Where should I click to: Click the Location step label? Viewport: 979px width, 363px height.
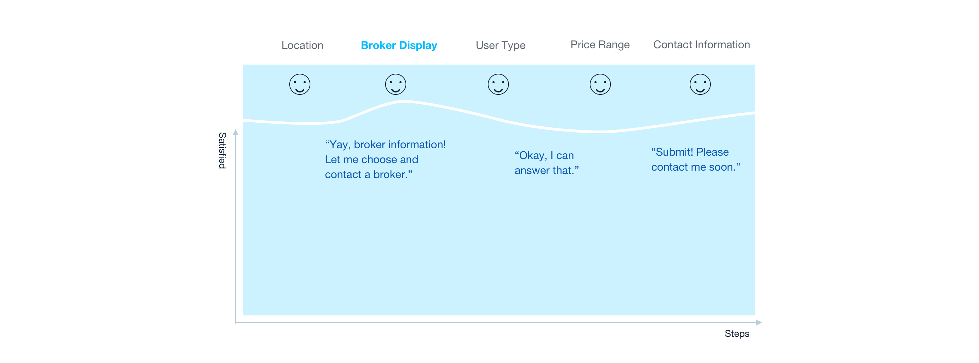click(302, 45)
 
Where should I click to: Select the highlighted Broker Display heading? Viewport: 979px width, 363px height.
click(399, 46)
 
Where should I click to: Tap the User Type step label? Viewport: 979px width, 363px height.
click(500, 46)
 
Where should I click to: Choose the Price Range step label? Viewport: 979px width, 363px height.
click(600, 45)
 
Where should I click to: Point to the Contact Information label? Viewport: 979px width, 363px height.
click(701, 45)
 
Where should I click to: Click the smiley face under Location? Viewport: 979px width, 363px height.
click(299, 84)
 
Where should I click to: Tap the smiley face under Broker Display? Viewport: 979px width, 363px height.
click(395, 84)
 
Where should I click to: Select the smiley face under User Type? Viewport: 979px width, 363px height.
click(498, 84)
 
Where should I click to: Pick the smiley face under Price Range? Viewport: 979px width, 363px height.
click(600, 84)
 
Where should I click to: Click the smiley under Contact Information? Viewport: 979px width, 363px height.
click(700, 84)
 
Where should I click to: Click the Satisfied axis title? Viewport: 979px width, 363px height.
click(222, 150)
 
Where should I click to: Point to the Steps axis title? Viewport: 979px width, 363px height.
click(737, 333)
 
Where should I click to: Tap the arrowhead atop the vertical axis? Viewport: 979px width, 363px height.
click(236, 132)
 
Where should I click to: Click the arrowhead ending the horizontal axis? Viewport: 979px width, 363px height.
click(759, 322)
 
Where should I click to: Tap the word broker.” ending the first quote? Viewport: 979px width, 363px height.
click(393, 174)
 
